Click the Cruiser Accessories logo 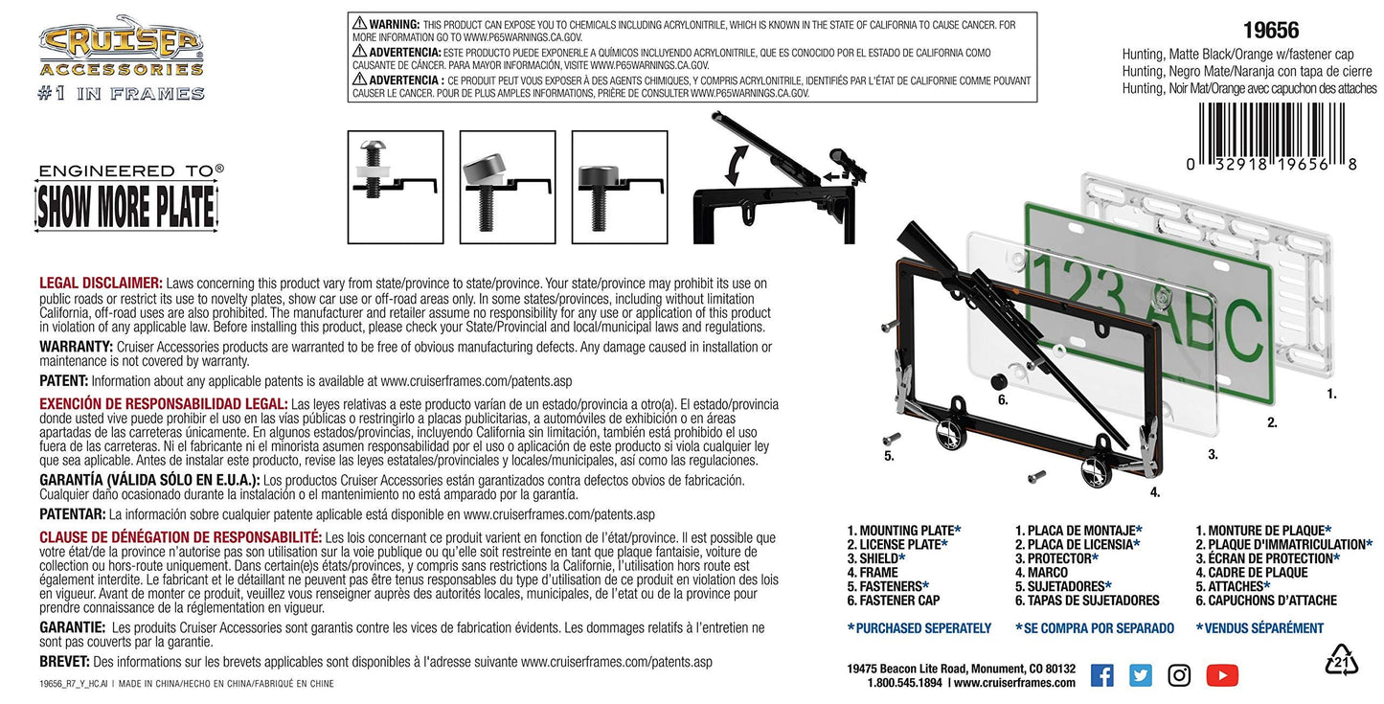pos(122,57)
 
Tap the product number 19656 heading pos(1271,31)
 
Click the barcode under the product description pos(1272,137)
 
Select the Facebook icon pos(1102,675)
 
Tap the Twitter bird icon pos(1141,675)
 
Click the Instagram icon pos(1179,675)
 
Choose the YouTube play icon pos(1222,675)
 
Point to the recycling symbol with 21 pos(1341,661)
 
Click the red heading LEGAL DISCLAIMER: pos(101,284)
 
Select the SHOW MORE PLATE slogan pos(126,206)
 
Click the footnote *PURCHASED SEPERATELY pos(919,628)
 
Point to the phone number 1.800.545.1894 pos(904,683)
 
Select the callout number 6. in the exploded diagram pos(1003,400)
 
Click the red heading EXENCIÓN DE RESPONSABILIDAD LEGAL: pos(164,403)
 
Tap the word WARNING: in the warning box pos(395,25)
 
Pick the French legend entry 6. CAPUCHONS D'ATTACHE pos(1266,601)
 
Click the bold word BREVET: pos(65,661)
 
